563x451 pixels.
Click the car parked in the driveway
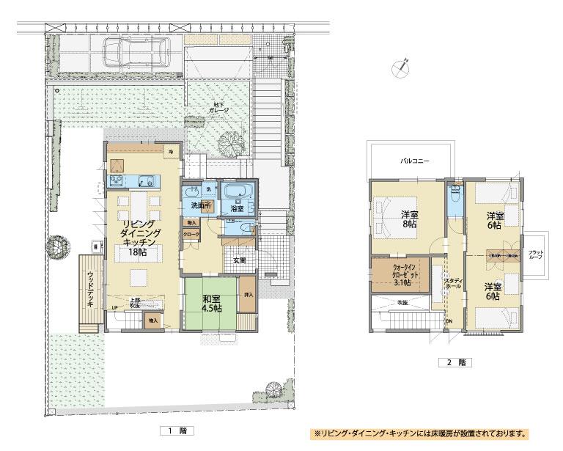(x=136, y=51)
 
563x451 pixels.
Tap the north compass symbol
(x=400, y=66)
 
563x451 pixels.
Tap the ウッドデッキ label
(x=90, y=286)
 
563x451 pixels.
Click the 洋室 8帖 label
(x=409, y=219)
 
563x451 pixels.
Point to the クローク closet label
(x=191, y=235)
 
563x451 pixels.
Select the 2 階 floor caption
(x=444, y=362)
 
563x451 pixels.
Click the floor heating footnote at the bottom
(x=421, y=433)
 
